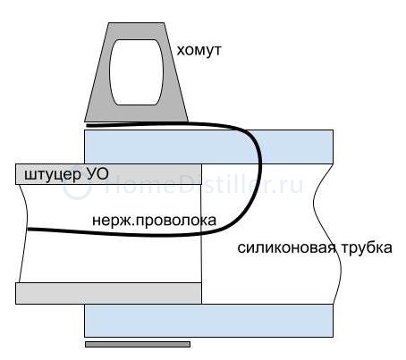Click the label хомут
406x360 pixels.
199,50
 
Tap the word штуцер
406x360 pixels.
52,175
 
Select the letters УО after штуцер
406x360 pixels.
97,174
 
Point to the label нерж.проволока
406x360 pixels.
154,221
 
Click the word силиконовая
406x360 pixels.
287,247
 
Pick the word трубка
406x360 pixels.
367,247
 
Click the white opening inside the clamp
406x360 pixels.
137,72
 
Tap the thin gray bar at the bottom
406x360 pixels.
138,344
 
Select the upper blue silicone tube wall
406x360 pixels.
208,147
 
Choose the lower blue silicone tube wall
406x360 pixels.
208,321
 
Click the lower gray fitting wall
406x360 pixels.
108,293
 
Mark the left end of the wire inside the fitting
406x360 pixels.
28,229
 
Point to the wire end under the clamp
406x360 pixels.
89,125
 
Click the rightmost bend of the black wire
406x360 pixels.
260,161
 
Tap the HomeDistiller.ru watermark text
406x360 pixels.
203,186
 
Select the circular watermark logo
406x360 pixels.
77,187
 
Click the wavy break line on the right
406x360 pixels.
327,234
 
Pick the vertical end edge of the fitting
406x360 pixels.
201,234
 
